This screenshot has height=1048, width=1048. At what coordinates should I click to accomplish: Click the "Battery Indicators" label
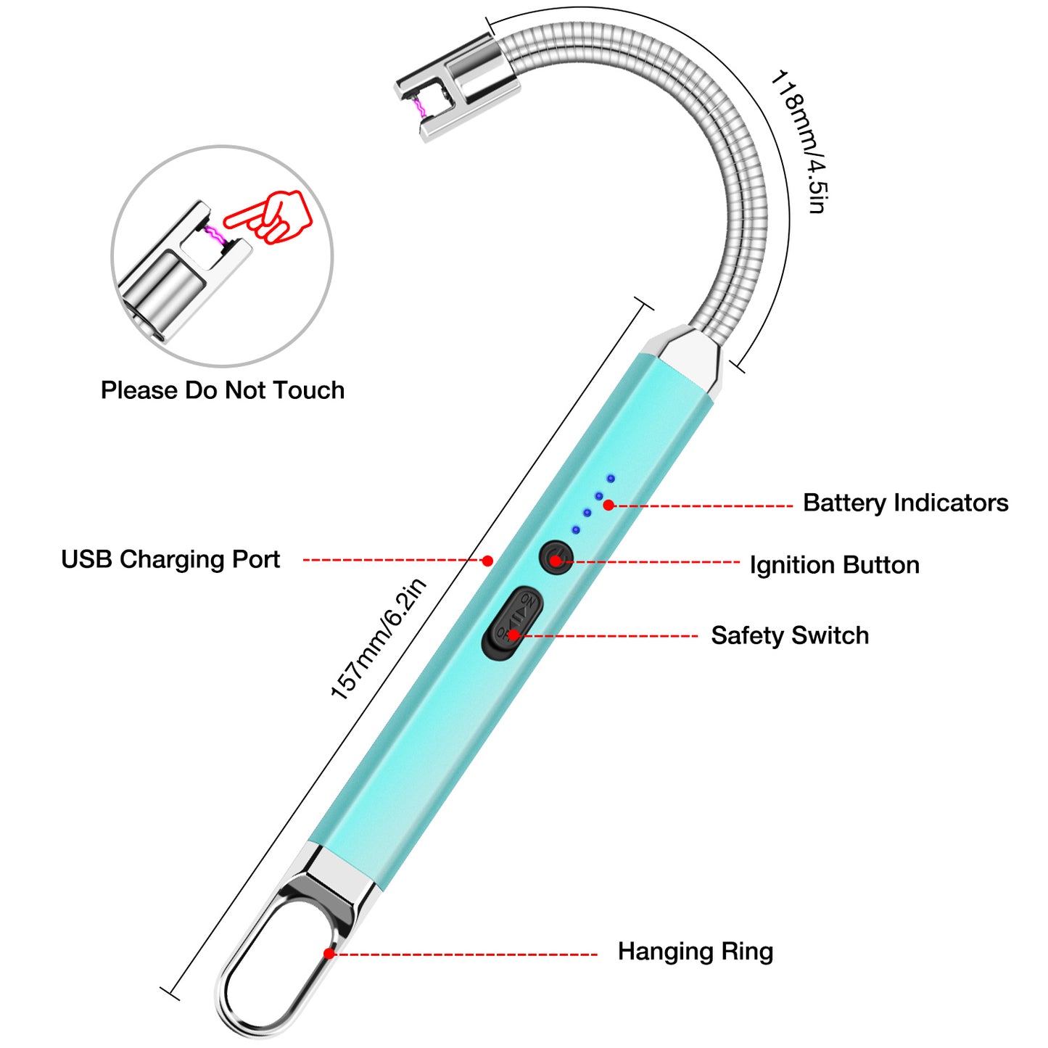[x=905, y=503]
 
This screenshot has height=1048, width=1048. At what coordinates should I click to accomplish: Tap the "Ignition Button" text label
[x=834, y=565]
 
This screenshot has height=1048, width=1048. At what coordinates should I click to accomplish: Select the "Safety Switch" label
[x=789, y=635]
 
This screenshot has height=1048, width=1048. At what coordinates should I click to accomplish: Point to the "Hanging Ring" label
[x=695, y=951]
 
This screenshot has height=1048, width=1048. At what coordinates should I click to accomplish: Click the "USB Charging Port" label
[x=170, y=559]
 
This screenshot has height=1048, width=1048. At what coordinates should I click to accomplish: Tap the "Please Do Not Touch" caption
[x=223, y=390]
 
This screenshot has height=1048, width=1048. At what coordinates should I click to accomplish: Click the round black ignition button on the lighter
[x=556, y=558]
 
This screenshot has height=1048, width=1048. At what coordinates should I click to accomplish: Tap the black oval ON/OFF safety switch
[x=513, y=622]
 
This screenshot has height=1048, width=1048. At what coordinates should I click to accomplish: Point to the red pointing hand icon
[x=272, y=215]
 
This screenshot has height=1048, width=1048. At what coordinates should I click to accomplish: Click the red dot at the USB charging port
[x=487, y=561]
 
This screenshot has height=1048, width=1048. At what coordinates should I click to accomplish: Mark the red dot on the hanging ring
[x=329, y=953]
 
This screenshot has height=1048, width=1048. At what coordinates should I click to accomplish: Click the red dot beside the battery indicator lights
[x=608, y=505]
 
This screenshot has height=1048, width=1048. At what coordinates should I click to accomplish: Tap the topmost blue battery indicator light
[x=611, y=479]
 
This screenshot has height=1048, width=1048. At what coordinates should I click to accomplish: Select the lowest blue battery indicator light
[x=576, y=530]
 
